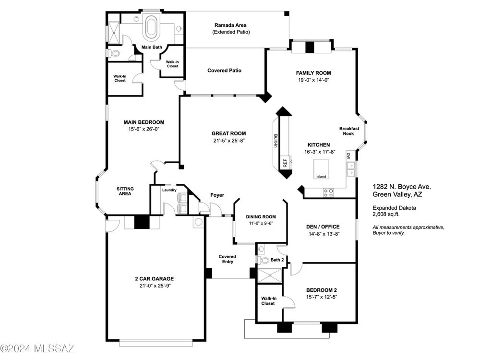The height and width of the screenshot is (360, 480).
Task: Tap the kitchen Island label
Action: (x=321, y=177)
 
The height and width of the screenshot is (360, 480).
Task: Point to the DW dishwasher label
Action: (x=348, y=156)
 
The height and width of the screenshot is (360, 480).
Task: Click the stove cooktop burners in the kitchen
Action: (x=329, y=193)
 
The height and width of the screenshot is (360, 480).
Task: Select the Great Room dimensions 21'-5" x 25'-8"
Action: (x=229, y=141)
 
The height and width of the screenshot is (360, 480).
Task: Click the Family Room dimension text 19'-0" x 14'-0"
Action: (x=313, y=80)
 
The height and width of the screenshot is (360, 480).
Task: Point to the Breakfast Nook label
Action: (x=349, y=131)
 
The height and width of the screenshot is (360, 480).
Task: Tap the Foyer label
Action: (x=217, y=195)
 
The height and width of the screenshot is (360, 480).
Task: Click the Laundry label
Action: (x=169, y=190)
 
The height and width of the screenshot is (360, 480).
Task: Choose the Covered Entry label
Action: (x=228, y=259)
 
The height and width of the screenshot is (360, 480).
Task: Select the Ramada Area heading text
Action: (x=230, y=25)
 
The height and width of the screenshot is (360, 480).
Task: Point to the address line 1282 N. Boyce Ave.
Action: (x=402, y=187)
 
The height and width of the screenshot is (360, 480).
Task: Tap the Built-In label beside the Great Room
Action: (x=275, y=141)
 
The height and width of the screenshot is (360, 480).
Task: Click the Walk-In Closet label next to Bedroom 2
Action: (x=268, y=301)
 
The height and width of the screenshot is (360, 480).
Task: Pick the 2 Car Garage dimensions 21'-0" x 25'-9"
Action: (x=155, y=286)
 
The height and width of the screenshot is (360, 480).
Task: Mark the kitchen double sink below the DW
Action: (x=351, y=169)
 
